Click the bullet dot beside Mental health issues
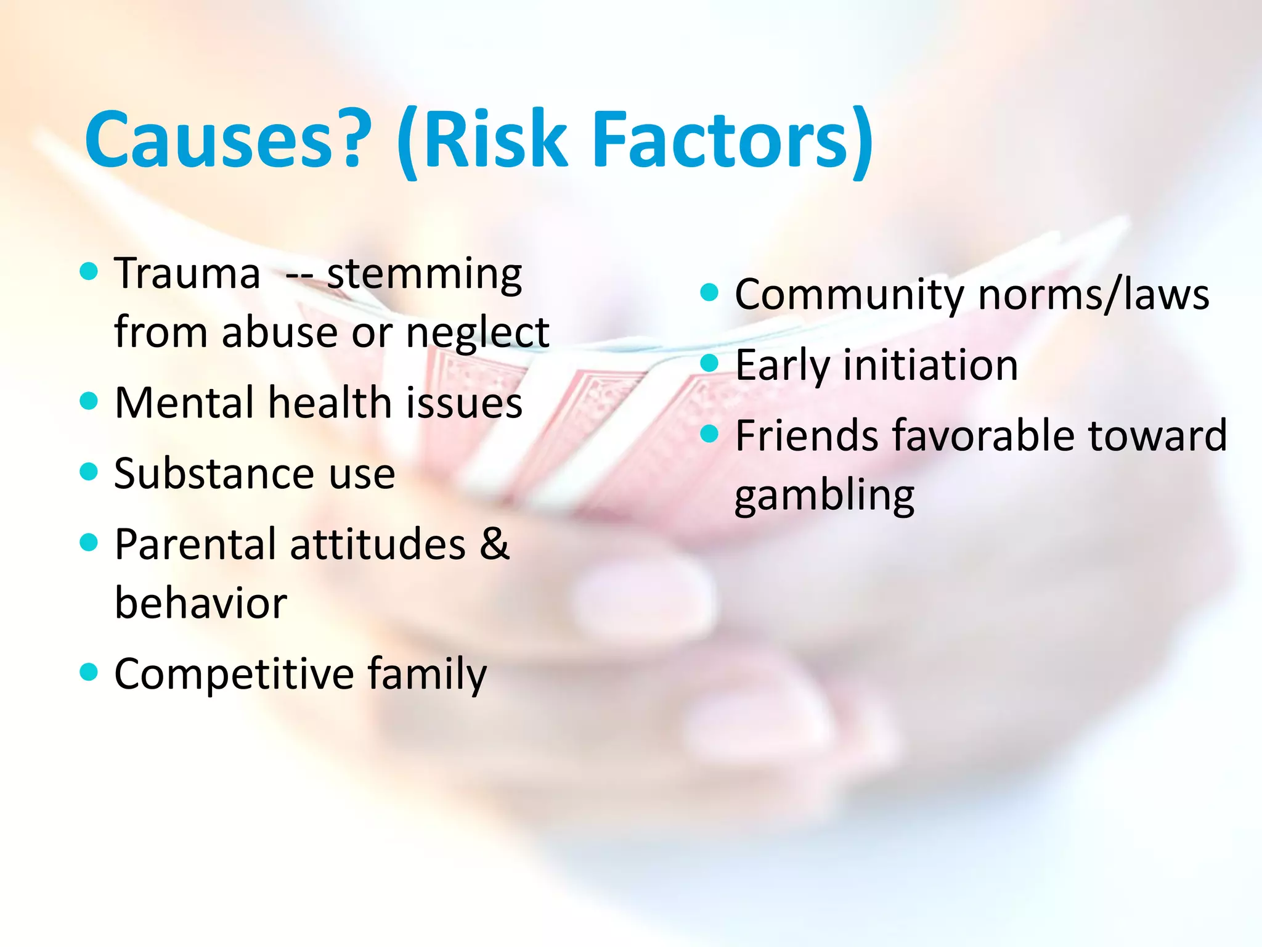point(89,401)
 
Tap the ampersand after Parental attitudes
point(495,544)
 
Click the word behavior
point(201,602)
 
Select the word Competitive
point(234,673)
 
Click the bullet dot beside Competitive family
point(89,671)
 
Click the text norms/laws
point(1094,295)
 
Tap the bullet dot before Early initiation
point(710,363)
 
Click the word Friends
point(807,435)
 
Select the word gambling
point(824,495)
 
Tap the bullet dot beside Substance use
point(89,472)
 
